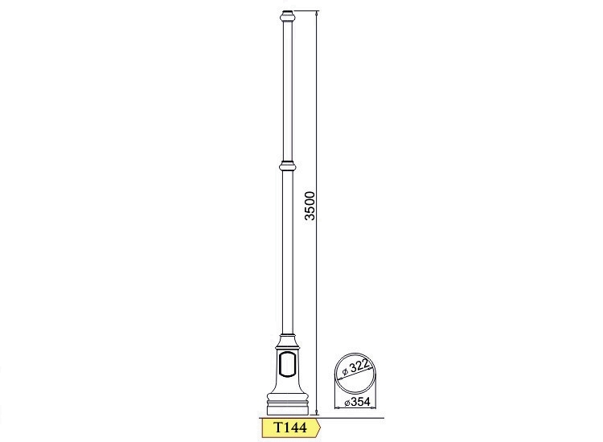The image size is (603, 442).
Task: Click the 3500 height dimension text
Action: coord(310,206)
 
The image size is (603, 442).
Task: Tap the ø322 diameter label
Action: coord(355,367)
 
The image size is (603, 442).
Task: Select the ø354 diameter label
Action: coord(357,402)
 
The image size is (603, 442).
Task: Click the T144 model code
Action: coord(290,428)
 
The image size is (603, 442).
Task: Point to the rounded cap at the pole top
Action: coord(288,16)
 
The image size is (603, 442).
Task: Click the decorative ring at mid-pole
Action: coord(288,166)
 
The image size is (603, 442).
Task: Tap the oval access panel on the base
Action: coord(288,363)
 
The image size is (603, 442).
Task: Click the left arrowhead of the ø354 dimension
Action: coord(338,407)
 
